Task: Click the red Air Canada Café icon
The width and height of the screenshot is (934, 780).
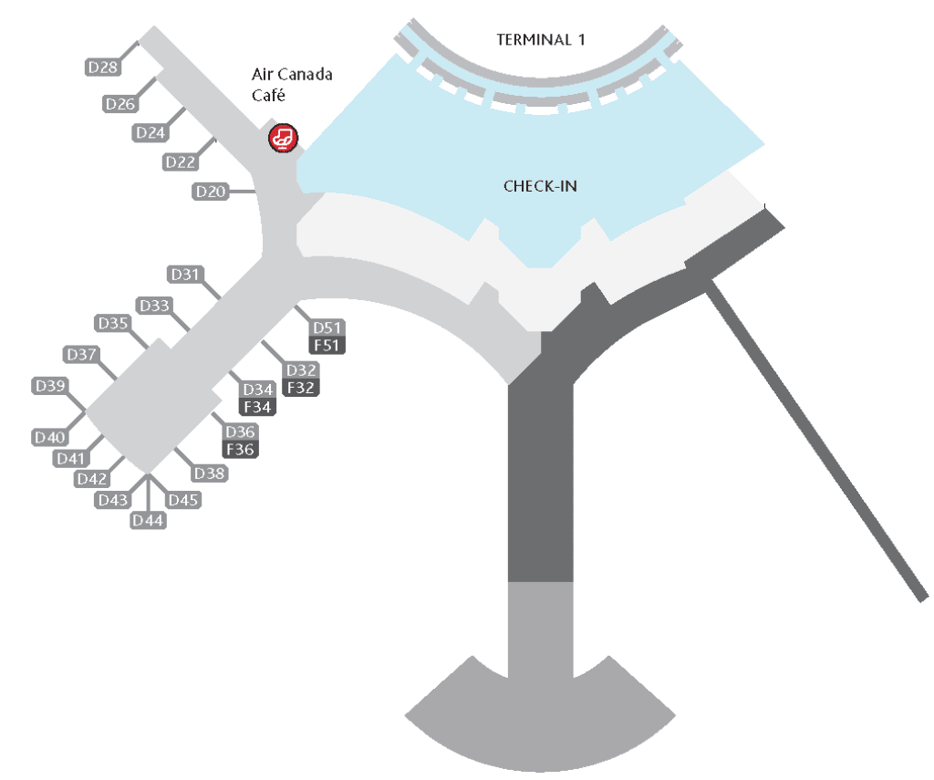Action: tap(283, 138)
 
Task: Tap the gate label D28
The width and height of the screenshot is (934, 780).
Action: tap(103, 67)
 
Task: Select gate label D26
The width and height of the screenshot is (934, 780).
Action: tap(120, 104)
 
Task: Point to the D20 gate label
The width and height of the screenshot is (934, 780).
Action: tap(210, 192)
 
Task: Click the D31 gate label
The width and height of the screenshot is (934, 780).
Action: tap(185, 274)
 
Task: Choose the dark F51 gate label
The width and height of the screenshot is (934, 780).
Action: tap(327, 345)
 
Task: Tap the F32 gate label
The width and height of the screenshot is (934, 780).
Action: tap(301, 387)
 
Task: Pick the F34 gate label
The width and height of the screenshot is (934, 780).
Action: tap(257, 407)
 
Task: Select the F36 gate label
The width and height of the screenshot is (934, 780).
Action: tap(241, 449)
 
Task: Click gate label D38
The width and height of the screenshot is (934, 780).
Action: tap(210, 473)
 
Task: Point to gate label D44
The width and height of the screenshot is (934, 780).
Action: tap(148, 520)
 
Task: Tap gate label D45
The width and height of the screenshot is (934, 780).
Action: tap(183, 500)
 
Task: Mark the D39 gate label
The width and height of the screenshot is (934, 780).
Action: tap(49, 386)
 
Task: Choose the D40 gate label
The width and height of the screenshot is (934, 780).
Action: tap(49, 438)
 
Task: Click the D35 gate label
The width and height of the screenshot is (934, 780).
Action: tap(113, 323)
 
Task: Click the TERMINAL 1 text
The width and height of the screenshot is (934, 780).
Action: tap(540, 39)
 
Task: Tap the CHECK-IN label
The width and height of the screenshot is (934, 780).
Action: tap(540, 186)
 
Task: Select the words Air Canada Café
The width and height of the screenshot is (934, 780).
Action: tap(292, 84)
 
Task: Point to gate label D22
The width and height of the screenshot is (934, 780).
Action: tap(181, 162)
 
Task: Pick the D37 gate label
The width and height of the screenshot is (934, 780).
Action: tap(81, 354)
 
